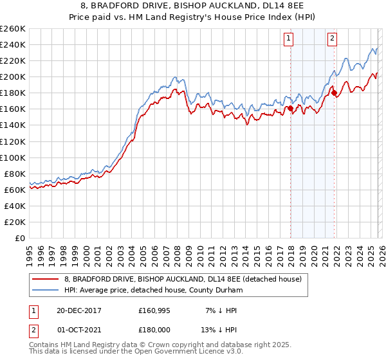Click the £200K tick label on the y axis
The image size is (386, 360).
pos(12,76)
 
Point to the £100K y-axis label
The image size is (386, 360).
pos(12,157)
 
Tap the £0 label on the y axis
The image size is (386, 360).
pos(19,238)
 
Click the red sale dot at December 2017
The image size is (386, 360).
pos(290,109)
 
